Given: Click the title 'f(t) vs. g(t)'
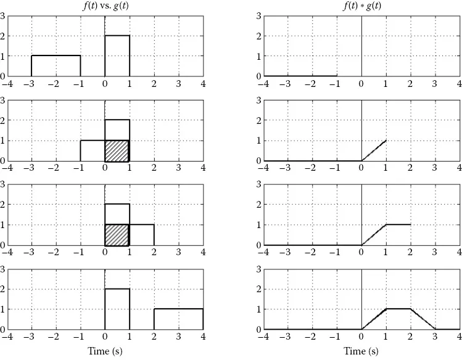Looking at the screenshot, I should tap(105, 6).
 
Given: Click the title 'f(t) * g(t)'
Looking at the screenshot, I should tap(361, 6).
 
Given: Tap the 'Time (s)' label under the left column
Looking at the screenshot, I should tap(105, 351).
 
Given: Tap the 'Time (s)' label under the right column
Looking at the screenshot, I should tap(361, 351).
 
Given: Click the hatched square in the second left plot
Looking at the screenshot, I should tap(117, 150).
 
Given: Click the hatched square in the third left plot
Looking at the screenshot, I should tap(117, 235).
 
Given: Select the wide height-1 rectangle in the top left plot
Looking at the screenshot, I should tap(56, 66).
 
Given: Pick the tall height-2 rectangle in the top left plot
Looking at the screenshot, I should tap(117, 55).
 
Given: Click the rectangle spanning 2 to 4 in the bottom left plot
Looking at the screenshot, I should tap(179, 319).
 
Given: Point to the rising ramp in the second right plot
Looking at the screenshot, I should tap(374, 150).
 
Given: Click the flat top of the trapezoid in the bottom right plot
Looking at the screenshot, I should tap(398, 309).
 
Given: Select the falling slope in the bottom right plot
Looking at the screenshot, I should tap(423, 319).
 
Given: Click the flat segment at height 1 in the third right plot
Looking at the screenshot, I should tap(398, 224).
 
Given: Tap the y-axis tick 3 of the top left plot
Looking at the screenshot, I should tap(3, 16).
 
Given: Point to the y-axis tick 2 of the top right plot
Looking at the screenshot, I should tap(258, 36).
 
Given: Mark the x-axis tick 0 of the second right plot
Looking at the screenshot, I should tap(361, 168).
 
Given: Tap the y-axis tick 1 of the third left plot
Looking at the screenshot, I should tap(3, 225).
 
